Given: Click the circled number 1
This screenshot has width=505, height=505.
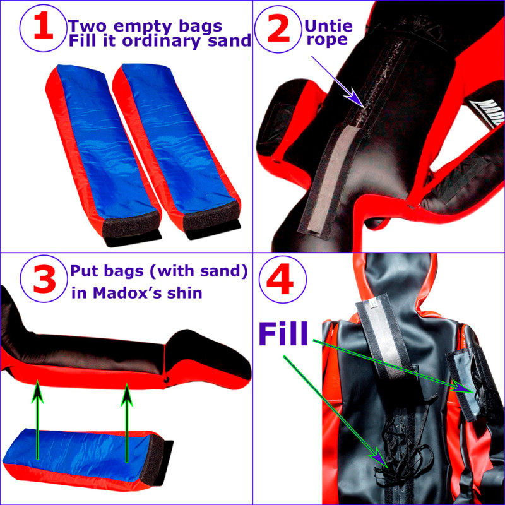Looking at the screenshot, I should [42, 31].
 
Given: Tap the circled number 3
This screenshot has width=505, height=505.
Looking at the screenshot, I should [42, 282].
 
